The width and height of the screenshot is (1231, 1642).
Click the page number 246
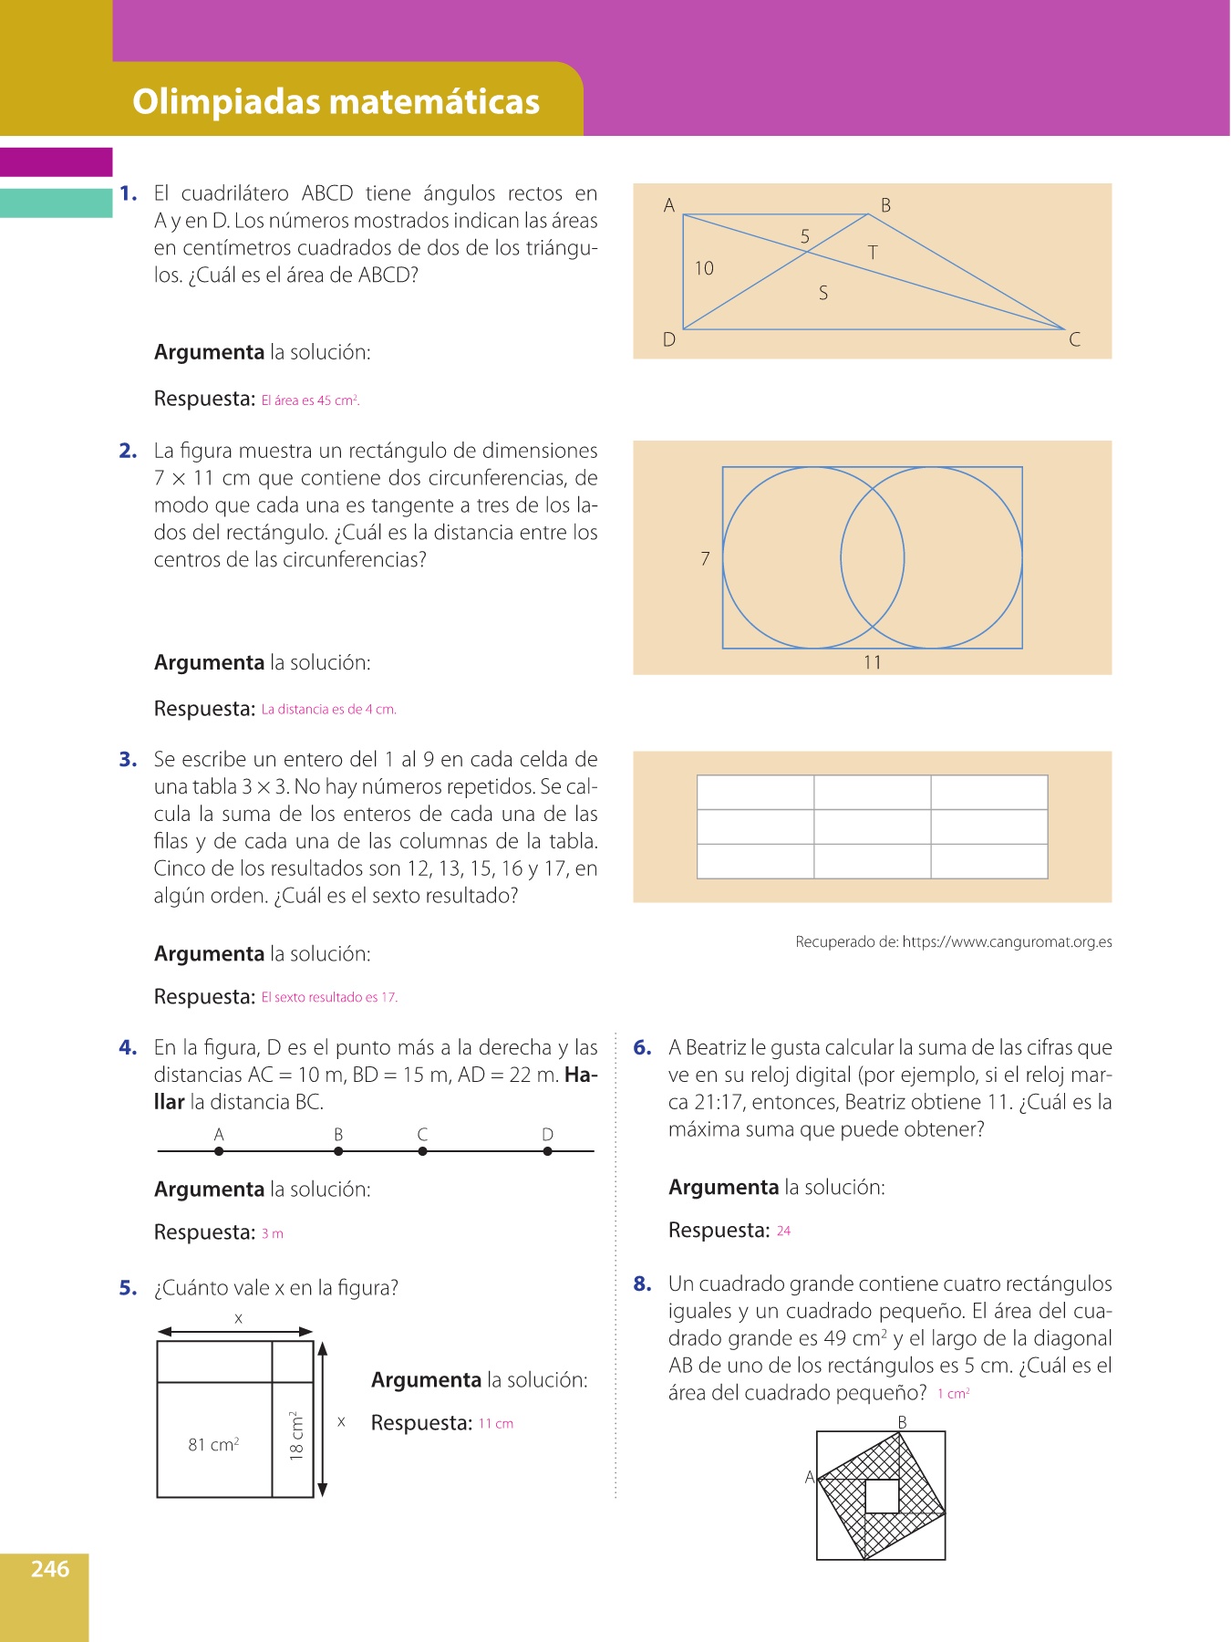tap(50, 1569)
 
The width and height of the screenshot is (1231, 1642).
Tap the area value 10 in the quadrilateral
tap(704, 268)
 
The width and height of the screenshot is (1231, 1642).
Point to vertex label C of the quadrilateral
tap(1075, 340)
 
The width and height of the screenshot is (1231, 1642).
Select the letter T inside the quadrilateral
tap(873, 253)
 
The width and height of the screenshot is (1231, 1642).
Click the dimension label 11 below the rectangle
tap(873, 662)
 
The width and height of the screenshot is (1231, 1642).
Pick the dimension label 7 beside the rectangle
tap(705, 558)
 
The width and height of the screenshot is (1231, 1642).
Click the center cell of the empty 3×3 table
tap(872, 826)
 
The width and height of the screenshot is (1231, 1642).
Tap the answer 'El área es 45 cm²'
tap(310, 400)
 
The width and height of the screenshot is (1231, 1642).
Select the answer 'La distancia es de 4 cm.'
tap(328, 710)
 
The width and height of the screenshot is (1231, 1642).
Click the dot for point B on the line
tap(338, 1151)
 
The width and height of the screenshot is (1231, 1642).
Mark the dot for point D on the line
tap(547, 1151)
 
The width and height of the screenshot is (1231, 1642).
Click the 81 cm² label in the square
tap(213, 1445)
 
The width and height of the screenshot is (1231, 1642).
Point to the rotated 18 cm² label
tap(295, 1436)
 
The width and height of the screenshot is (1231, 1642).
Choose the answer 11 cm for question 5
tap(496, 1424)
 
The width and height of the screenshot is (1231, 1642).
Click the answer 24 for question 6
tap(783, 1231)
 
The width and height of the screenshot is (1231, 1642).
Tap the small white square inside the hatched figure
tap(882, 1496)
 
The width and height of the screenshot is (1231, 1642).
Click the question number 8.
tap(643, 1284)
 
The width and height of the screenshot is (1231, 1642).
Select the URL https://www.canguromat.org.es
tap(1007, 942)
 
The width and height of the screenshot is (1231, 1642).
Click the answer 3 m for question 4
tap(272, 1234)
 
